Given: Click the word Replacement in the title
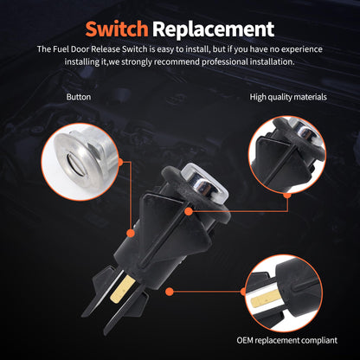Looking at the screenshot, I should point(209,29).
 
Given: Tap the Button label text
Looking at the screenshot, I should point(79,97).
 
